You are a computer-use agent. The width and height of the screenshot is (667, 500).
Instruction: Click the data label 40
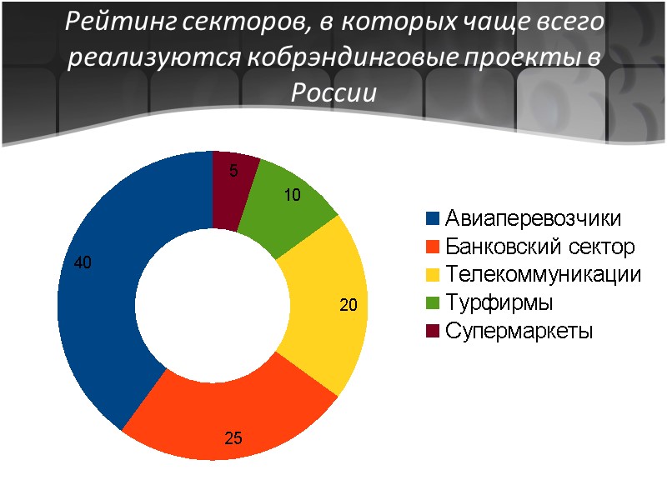click(x=83, y=262)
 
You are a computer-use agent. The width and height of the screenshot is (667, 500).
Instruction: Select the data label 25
click(x=233, y=436)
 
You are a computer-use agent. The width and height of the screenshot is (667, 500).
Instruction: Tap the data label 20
click(x=348, y=306)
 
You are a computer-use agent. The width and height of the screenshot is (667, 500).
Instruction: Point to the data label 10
click(x=291, y=196)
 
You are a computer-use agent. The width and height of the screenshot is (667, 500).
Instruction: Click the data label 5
click(x=233, y=172)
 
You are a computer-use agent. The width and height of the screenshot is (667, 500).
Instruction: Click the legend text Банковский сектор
click(x=539, y=247)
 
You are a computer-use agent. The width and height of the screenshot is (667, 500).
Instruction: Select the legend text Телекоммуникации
click(x=543, y=274)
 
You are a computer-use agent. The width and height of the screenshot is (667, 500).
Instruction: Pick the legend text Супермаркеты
click(x=519, y=330)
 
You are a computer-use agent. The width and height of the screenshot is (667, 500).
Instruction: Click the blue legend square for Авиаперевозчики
click(x=432, y=219)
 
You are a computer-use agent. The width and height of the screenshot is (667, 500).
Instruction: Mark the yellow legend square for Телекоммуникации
click(x=432, y=274)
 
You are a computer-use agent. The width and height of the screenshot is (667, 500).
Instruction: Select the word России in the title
click(x=333, y=92)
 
